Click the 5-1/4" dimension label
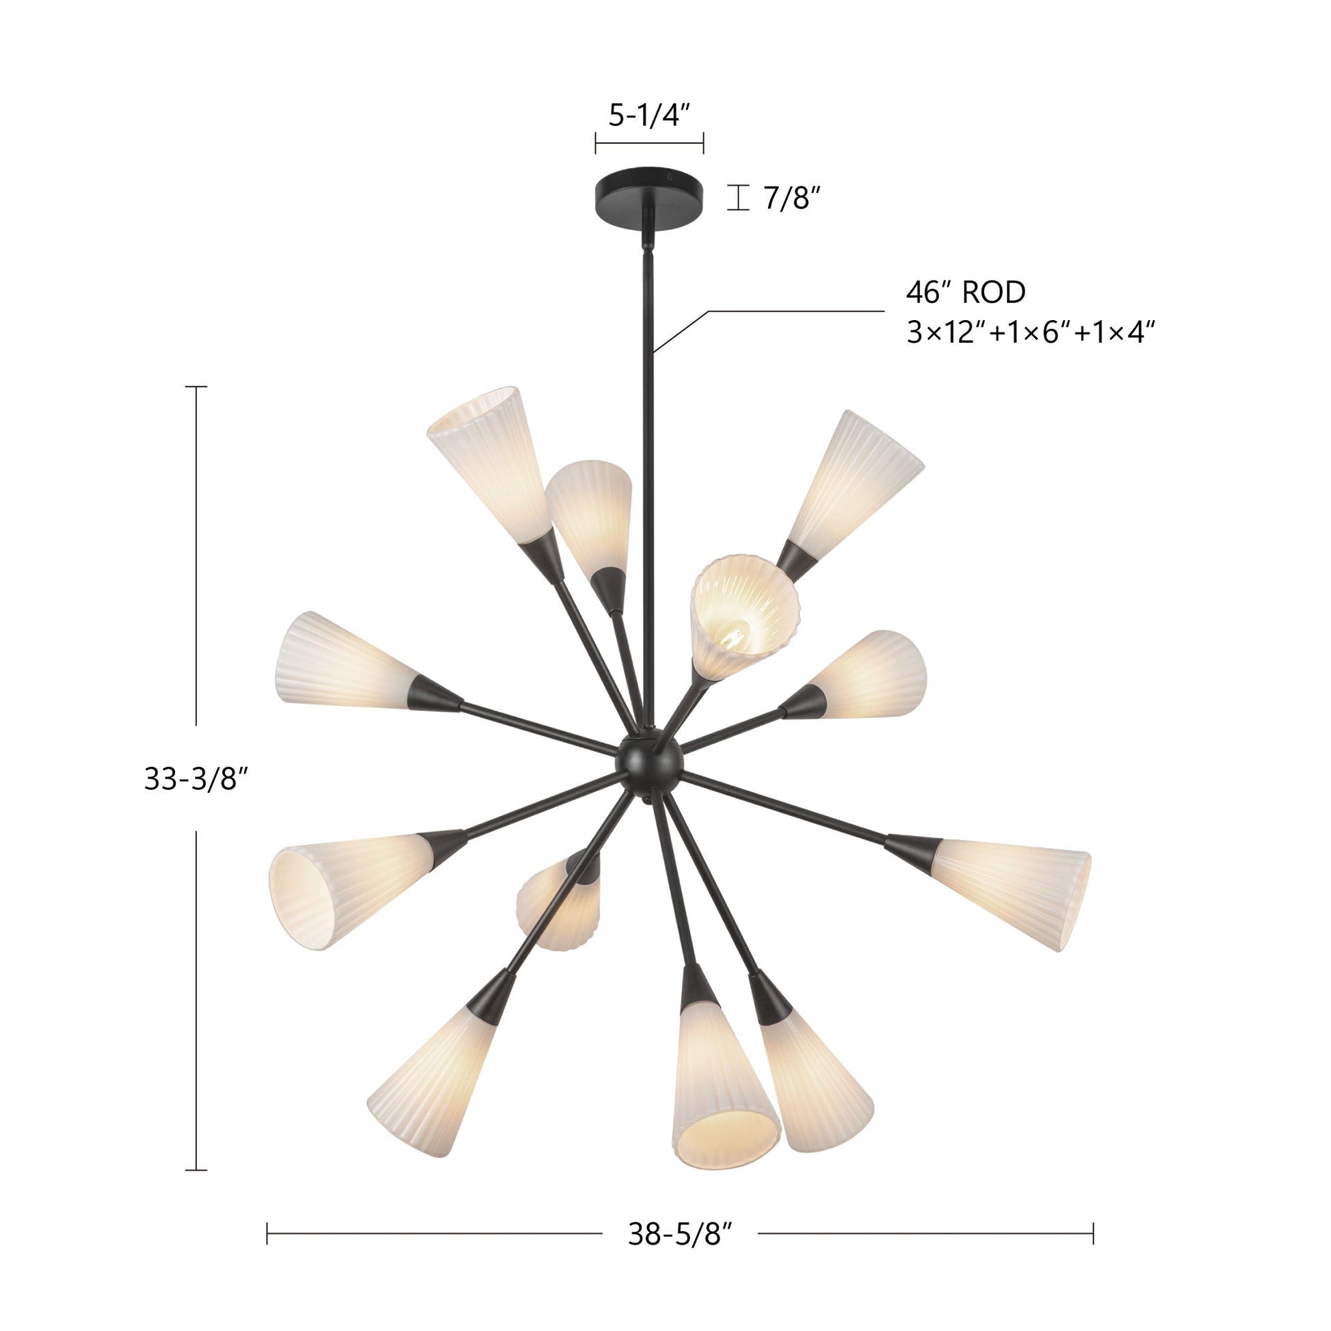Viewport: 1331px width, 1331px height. click(x=649, y=115)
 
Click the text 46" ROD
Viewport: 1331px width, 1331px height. click(x=966, y=292)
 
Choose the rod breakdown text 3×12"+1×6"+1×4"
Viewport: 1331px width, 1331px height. click(x=1030, y=334)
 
